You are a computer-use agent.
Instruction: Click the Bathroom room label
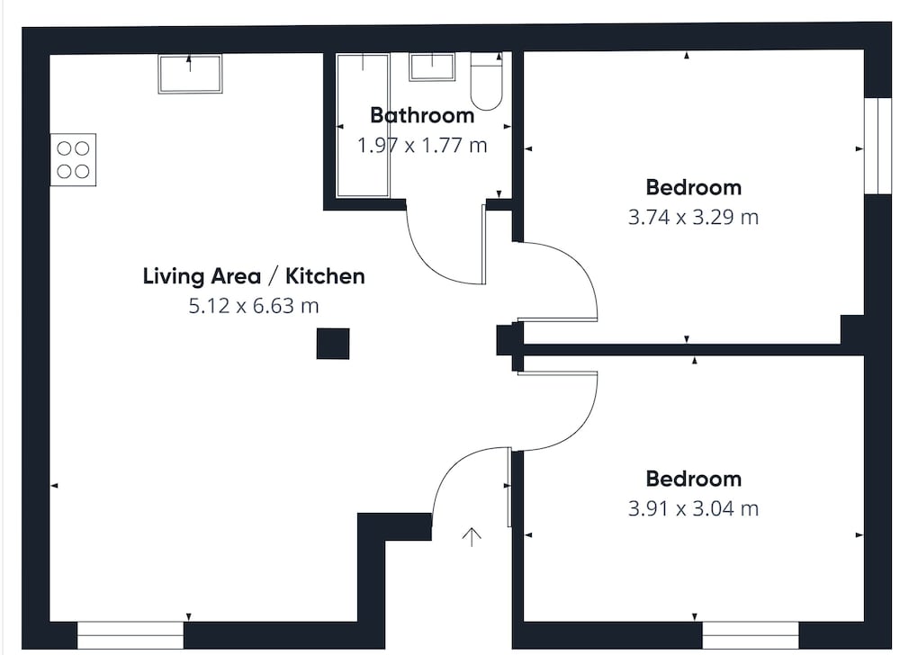click(x=422, y=115)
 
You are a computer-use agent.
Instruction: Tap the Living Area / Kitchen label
click(x=254, y=276)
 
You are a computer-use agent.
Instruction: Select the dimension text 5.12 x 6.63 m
click(x=254, y=306)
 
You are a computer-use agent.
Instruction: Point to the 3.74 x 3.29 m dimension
click(x=693, y=218)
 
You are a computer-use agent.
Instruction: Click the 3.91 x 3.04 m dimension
click(x=693, y=508)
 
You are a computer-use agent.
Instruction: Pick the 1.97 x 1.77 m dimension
click(x=422, y=145)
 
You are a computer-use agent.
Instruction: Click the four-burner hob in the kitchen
click(x=73, y=160)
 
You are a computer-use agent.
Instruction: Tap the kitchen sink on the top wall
click(x=190, y=74)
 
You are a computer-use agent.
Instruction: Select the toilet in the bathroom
click(x=487, y=81)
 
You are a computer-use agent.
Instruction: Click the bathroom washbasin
click(x=432, y=67)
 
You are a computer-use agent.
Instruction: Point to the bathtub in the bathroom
click(x=363, y=126)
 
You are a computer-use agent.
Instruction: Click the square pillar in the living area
click(x=333, y=344)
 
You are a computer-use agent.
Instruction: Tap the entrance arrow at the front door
click(x=472, y=537)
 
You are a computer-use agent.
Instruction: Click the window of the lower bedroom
click(x=751, y=635)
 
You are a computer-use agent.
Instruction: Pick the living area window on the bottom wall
click(x=130, y=635)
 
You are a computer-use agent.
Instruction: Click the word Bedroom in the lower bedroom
click(x=693, y=479)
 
